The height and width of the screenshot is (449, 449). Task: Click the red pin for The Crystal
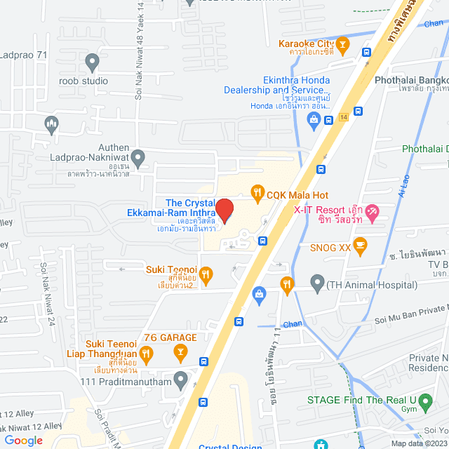224,210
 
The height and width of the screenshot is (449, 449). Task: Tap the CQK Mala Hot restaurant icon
257,192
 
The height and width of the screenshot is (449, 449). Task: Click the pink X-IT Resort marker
373,210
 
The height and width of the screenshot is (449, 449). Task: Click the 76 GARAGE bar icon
180,349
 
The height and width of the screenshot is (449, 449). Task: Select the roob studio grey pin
91,63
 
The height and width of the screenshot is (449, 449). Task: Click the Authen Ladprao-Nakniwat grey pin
138,159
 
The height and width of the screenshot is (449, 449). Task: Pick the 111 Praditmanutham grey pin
181,381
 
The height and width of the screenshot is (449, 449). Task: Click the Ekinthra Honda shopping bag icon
314,120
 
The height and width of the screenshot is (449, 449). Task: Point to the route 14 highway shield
342,116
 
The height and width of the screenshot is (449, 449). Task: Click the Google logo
24,440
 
